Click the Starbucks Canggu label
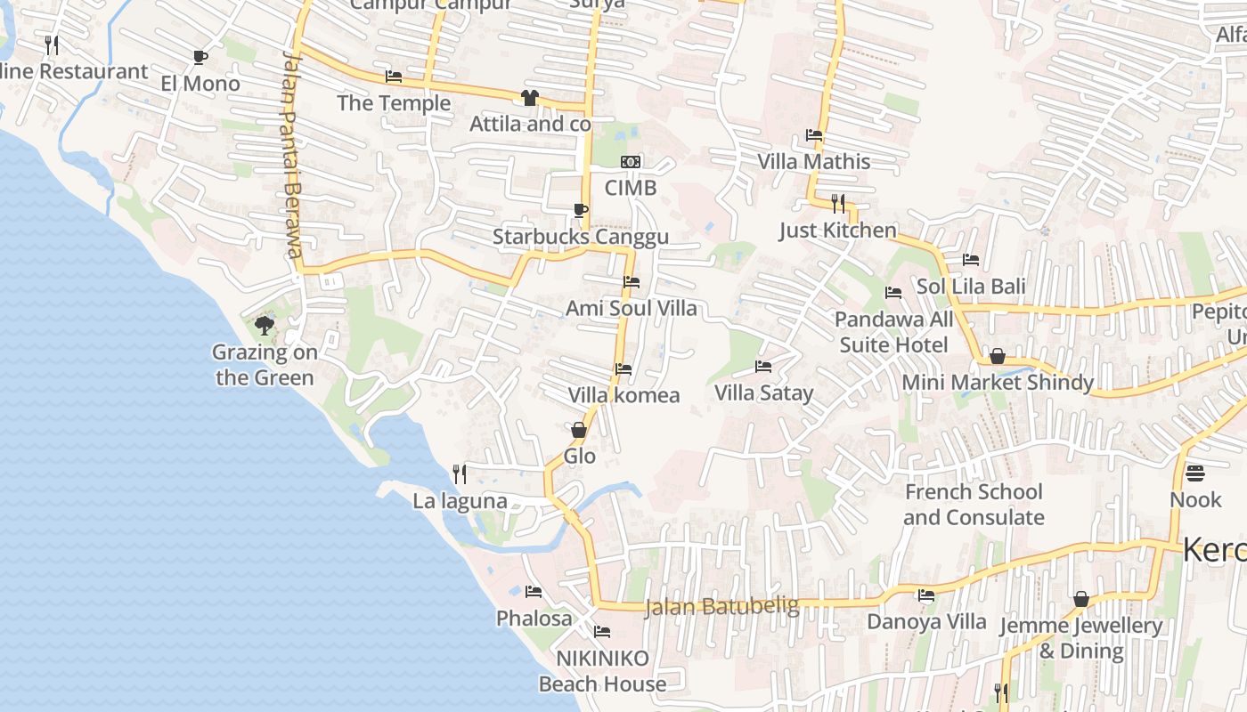click(x=580, y=237)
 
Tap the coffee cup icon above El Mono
click(x=200, y=58)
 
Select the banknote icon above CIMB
click(x=631, y=162)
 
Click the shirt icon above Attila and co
click(x=530, y=97)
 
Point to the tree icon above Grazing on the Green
click(x=264, y=326)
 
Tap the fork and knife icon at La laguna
click(x=460, y=473)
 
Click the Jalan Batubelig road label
click(x=721, y=607)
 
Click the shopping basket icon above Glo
click(x=579, y=430)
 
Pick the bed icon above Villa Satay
click(x=763, y=366)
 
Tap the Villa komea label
click(x=623, y=394)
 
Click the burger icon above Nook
click(x=1194, y=473)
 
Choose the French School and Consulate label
click(x=974, y=505)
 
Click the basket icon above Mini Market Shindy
click(x=998, y=356)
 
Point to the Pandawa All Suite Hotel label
click(x=893, y=331)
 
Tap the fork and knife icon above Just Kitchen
click(x=837, y=204)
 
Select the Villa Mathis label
click(x=813, y=161)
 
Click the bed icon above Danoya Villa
click(x=926, y=595)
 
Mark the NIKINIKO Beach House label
click(x=602, y=671)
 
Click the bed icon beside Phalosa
click(x=534, y=591)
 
